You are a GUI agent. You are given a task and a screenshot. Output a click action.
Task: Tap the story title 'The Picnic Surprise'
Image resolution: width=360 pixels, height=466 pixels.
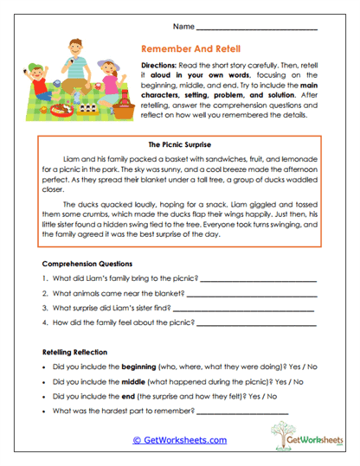(180, 144)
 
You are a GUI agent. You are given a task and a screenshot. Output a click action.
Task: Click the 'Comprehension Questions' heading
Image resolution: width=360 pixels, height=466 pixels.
(87, 263)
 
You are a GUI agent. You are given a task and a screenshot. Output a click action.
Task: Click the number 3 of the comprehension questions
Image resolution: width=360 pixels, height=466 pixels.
(44, 307)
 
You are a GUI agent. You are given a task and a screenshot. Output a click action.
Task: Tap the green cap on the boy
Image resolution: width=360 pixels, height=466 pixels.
(33, 68)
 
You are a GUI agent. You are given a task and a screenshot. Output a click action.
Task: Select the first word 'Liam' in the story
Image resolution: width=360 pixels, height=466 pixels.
(73, 159)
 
